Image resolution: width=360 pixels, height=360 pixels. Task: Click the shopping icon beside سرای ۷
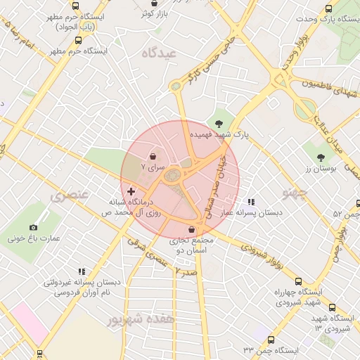tap(154, 156)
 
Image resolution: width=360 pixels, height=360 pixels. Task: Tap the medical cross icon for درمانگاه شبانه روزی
tap(131, 191)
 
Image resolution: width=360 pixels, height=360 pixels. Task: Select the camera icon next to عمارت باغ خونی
tap(33, 227)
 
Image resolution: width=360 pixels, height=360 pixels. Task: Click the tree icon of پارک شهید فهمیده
tap(219, 123)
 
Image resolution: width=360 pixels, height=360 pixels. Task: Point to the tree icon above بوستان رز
tap(321, 157)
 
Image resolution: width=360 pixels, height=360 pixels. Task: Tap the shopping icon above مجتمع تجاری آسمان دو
tap(191, 229)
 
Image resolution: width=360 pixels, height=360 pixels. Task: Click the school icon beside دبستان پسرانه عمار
tap(251, 202)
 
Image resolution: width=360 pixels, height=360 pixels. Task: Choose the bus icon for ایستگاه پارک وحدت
tap(329, 9)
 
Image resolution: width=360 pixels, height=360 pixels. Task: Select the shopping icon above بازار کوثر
tap(155, 3)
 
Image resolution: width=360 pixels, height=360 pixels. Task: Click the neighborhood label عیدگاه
tap(158, 53)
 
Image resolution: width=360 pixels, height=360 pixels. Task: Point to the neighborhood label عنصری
tap(69, 194)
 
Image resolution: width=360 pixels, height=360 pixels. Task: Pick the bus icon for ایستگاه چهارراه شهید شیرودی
tap(332, 307)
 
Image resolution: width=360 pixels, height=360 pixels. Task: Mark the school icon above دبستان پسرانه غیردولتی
tap(82, 271)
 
